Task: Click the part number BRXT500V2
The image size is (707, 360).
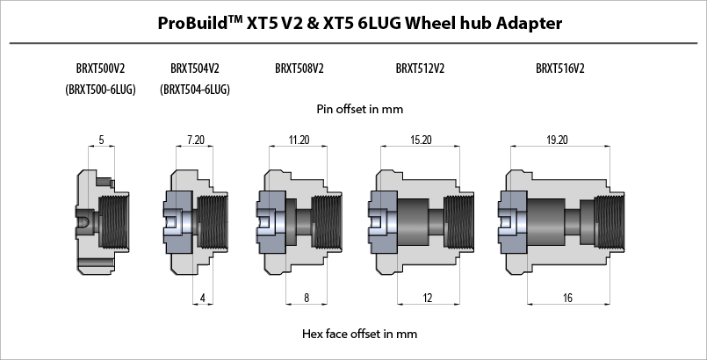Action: pos(100,68)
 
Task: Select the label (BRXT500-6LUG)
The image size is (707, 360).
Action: pos(100,90)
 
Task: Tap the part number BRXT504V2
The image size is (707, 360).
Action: pos(195,68)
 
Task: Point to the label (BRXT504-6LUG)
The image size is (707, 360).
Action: pos(195,90)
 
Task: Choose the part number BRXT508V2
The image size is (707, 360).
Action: pos(299,68)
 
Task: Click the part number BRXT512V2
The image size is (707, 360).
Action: pos(420,68)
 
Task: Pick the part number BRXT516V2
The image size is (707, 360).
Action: pos(560,68)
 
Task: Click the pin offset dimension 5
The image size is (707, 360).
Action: pos(101,140)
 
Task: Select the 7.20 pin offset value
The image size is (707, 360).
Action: pos(196,140)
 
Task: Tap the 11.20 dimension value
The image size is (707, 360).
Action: pos(299,140)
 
